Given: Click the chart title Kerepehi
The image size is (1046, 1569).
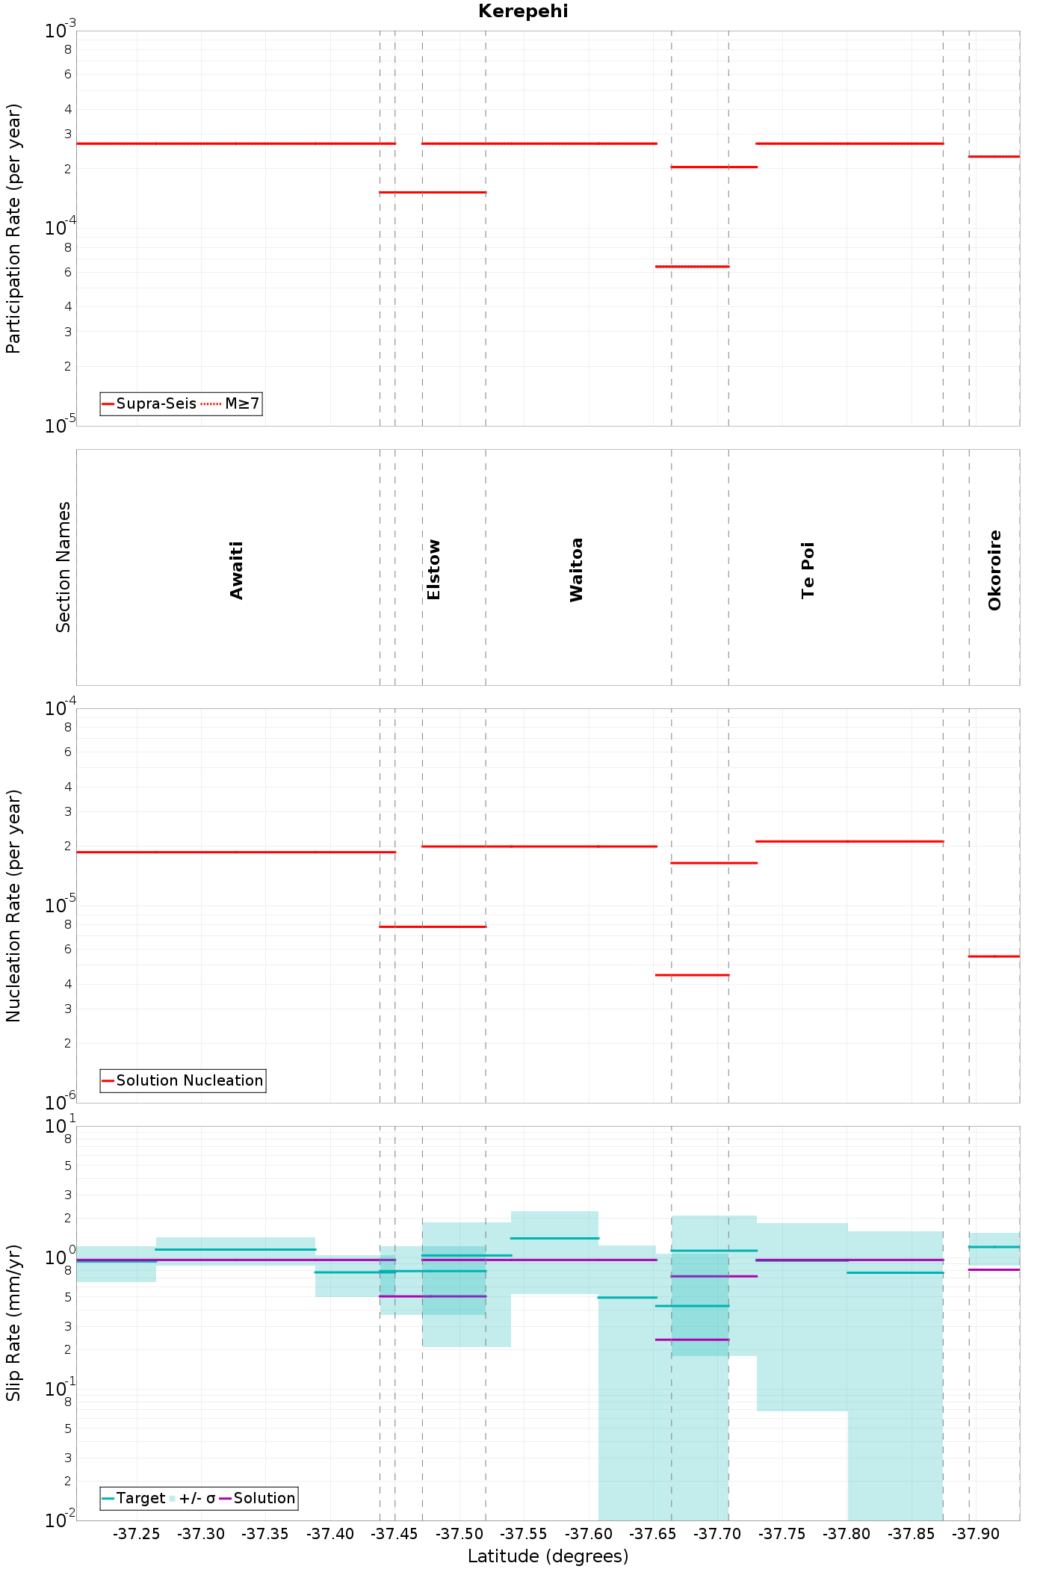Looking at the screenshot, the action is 523,11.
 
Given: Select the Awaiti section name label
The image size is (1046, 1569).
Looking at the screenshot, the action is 237,570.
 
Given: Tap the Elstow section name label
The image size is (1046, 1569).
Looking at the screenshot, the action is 433,569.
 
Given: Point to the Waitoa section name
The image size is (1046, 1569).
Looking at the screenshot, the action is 576,569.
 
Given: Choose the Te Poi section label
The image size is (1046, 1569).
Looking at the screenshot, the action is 808,570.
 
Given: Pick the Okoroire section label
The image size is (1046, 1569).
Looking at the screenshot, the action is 994,570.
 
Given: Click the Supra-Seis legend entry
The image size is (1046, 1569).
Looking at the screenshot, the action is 149,403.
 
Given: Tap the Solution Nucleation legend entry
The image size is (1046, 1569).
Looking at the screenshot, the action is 182,1080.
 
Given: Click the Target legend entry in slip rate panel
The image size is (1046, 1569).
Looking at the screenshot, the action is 133,1498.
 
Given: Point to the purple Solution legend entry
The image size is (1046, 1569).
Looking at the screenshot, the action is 258,1498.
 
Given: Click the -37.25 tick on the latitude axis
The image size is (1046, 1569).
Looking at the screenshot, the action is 137,1534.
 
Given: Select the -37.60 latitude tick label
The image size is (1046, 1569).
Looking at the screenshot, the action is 589,1534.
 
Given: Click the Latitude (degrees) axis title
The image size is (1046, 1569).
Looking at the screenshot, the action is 548,1556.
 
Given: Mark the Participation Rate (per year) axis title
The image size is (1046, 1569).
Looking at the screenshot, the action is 13,228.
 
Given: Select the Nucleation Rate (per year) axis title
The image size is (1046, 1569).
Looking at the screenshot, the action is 13,906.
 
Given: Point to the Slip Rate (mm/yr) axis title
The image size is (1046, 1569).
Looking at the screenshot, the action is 13,1322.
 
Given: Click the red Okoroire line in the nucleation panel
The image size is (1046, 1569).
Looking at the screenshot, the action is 994,956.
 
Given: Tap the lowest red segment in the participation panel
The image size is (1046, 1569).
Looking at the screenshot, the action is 692,266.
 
